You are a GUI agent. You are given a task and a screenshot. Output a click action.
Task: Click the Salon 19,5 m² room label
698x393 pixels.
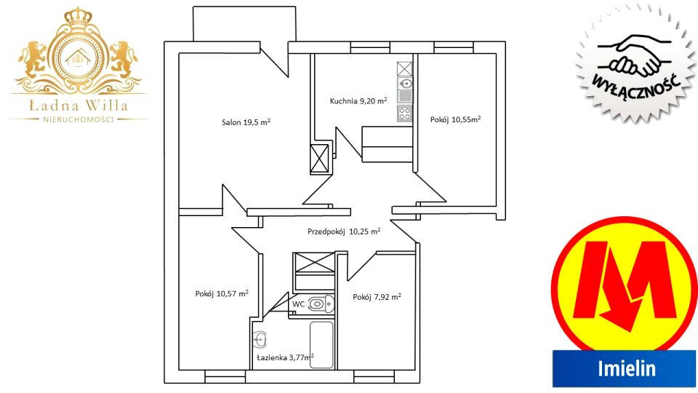click(246, 122)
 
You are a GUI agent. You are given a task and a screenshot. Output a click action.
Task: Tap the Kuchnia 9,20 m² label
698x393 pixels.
click(358, 100)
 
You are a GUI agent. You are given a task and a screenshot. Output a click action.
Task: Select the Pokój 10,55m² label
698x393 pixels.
click(455, 119)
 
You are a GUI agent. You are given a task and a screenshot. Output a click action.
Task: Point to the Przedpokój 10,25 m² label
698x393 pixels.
click(344, 231)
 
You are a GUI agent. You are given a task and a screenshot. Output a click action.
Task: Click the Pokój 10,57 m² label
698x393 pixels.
click(222, 293)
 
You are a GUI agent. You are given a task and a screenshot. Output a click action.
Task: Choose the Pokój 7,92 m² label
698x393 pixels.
click(377, 297)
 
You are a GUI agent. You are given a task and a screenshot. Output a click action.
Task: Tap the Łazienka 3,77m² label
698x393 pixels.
click(285, 357)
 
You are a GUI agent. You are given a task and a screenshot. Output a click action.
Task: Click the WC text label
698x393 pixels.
click(298, 304)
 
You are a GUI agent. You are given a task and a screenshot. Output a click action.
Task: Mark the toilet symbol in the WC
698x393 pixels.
click(321, 304)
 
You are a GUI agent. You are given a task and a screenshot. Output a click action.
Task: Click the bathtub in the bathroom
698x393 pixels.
click(321, 345)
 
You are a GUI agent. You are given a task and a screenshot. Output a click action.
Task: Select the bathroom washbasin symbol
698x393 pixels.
click(260, 340)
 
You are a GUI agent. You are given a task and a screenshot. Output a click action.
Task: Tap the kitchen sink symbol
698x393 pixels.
click(405, 83)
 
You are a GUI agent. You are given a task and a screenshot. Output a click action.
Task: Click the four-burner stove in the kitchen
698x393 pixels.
click(405, 114)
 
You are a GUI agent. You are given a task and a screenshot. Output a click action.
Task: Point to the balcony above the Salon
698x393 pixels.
click(244, 24)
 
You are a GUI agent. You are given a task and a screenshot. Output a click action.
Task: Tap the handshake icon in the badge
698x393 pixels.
click(634, 56)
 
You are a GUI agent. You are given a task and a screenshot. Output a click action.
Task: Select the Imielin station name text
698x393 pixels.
click(627, 368)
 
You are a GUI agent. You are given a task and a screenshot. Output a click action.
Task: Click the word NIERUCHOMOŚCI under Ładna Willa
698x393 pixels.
click(79, 119)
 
